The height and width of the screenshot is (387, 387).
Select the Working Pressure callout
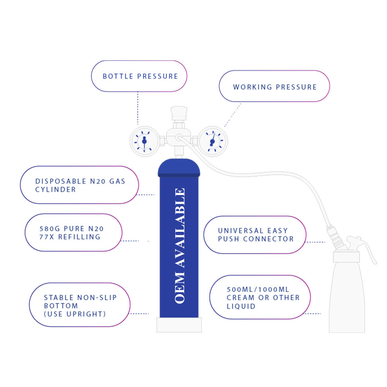(274, 86)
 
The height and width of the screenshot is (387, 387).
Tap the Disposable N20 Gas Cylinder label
(79, 185)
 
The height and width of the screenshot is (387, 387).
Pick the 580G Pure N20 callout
(74, 233)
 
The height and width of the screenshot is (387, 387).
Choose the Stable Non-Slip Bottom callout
(80, 305)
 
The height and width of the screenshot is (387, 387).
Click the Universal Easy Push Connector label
(255, 235)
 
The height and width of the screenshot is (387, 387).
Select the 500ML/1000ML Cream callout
(260, 297)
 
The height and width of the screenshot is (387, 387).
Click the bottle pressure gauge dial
(145, 141)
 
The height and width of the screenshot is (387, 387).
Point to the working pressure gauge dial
(213, 141)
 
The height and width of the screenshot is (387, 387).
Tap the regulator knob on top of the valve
(179, 113)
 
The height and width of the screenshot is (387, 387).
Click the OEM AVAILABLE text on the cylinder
(180, 246)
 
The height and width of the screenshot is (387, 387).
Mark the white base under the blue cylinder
(179, 325)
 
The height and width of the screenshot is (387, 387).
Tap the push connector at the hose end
(335, 237)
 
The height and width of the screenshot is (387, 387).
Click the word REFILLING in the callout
(79, 237)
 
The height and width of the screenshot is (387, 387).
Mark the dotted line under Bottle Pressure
(138, 108)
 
